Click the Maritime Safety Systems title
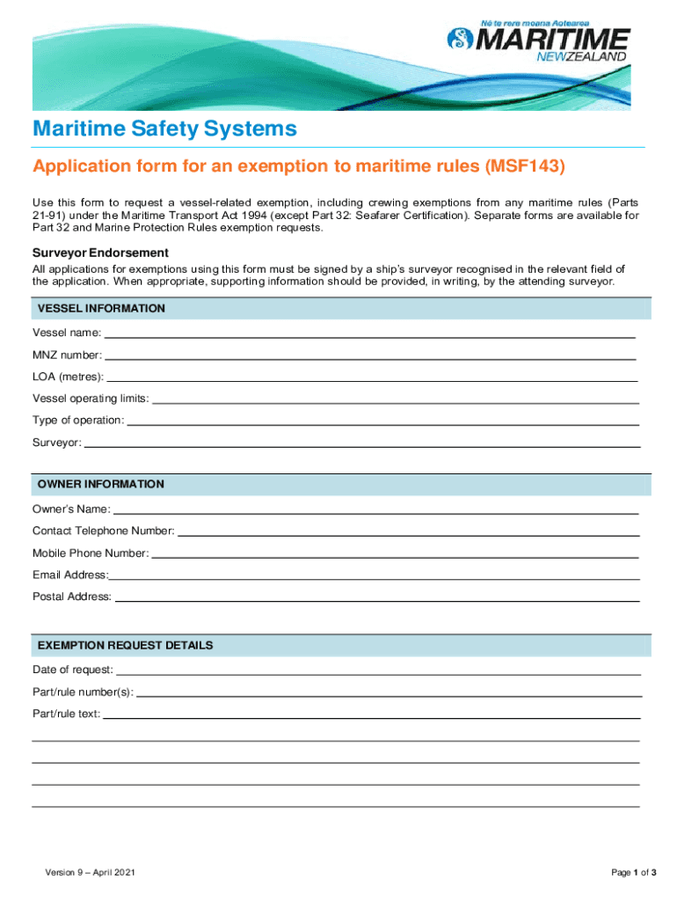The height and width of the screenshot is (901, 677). [x=164, y=129]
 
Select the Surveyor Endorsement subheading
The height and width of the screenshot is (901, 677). [x=100, y=253]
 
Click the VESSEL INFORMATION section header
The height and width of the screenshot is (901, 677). [x=100, y=309]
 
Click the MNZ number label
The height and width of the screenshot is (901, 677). [x=67, y=355]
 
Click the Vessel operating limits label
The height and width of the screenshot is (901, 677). [x=91, y=399]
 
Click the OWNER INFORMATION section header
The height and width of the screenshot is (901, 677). [x=100, y=485]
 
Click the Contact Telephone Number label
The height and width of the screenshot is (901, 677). [x=103, y=531]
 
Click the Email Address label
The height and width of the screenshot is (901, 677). [x=70, y=575]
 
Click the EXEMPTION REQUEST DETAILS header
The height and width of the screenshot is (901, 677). [x=125, y=646]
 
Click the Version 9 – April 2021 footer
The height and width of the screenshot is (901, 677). [x=90, y=873]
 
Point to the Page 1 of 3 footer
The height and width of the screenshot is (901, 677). [x=634, y=873]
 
